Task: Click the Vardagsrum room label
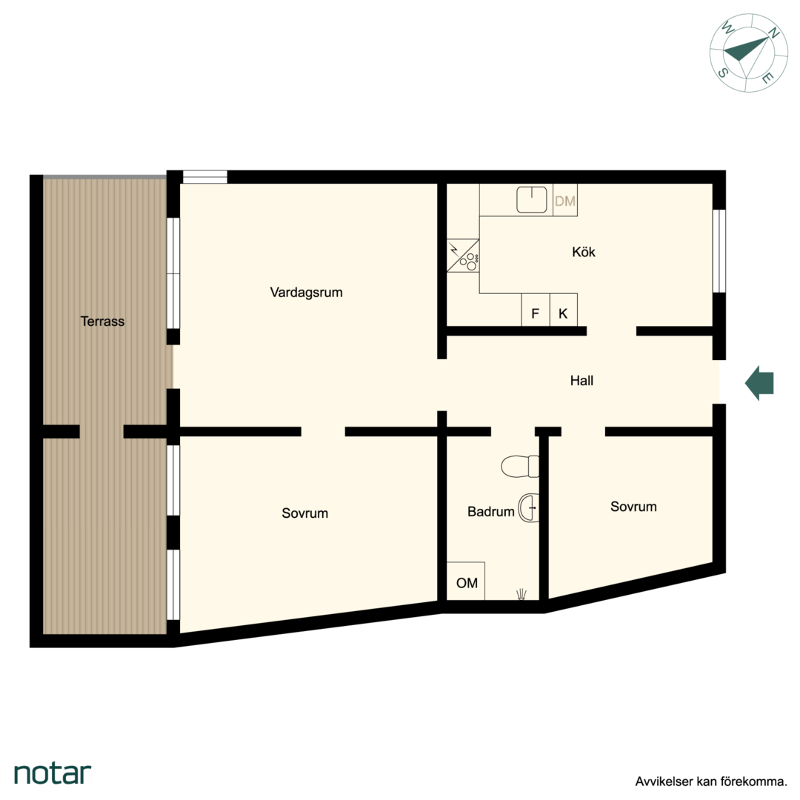306,293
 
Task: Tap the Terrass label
102,321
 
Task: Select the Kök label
584,252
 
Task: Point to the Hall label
581,381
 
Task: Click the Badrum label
491,512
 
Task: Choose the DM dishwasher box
564,201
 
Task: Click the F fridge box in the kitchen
536,310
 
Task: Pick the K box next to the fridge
563,310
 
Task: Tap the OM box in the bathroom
466,581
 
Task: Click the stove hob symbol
463,256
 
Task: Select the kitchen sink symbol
532,199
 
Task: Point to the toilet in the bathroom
520,467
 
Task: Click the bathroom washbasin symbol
529,508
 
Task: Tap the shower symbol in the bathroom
521,594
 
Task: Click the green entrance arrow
759,383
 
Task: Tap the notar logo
53,773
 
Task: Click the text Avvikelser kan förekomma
711,781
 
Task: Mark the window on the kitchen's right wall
719,251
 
